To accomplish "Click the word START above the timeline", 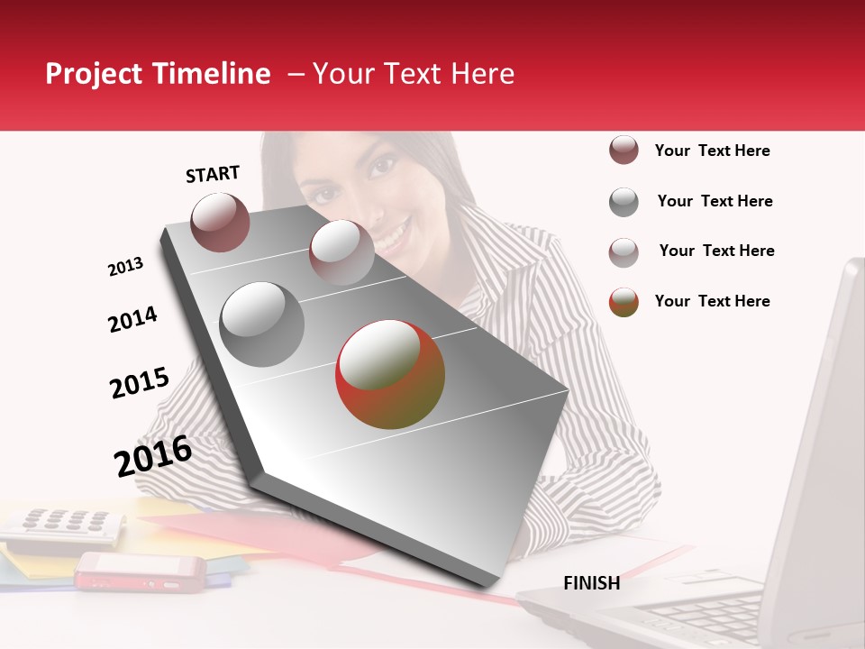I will tap(213, 174).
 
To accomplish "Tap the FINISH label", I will tap(592, 583).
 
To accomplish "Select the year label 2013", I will tap(125, 267).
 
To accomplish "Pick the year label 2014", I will tap(132, 320).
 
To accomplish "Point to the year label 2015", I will tap(139, 383).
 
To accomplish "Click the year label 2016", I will tap(153, 456).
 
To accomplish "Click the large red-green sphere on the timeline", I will tap(390, 374).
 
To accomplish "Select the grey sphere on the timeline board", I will tap(262, 324).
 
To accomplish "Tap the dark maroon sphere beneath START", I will tap(220, 222).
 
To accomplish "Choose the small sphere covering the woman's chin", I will tap(341, 252).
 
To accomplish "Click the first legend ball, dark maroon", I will tap(624, 151).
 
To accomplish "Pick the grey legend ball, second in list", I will tap(624, 202).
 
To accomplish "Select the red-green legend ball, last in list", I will tap(624, 302).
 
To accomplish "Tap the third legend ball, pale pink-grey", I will tap(624, 251).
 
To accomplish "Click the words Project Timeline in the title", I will tap(158, 74).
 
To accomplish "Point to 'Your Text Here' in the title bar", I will tap(413, 74).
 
